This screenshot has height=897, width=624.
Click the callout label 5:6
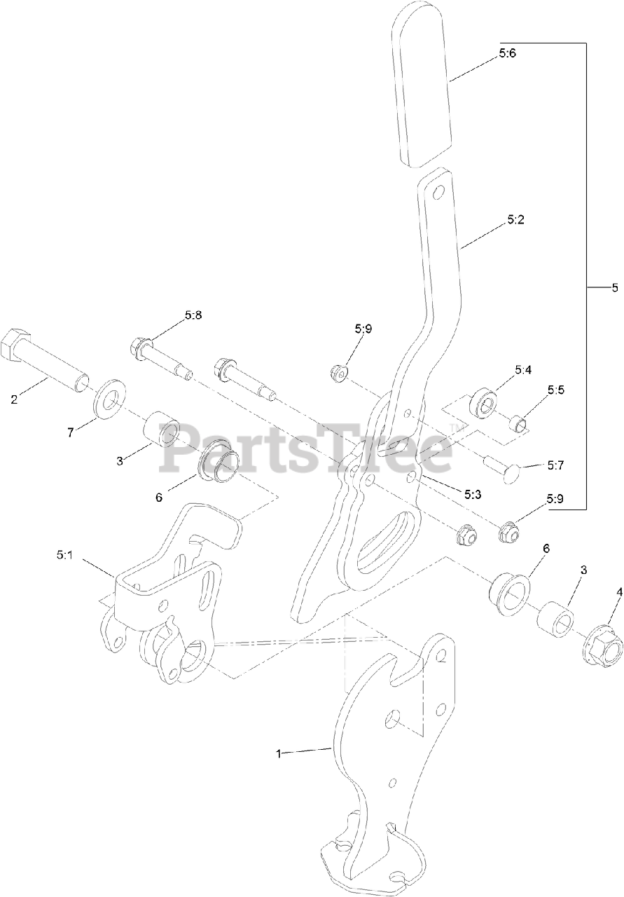pos(508,54)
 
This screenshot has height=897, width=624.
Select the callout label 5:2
pos(515,220)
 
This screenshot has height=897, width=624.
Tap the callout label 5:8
pos(193,316)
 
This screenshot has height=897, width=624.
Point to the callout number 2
pos(14,400)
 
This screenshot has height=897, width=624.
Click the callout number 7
pos(70,432)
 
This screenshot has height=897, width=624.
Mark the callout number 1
pos(279,754)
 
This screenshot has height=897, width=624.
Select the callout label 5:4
pos(523,369)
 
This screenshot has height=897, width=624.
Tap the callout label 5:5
pos(556,390)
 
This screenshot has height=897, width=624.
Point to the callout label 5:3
pos(473,494)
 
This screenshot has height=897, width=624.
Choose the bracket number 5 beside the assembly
pos(615,287)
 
